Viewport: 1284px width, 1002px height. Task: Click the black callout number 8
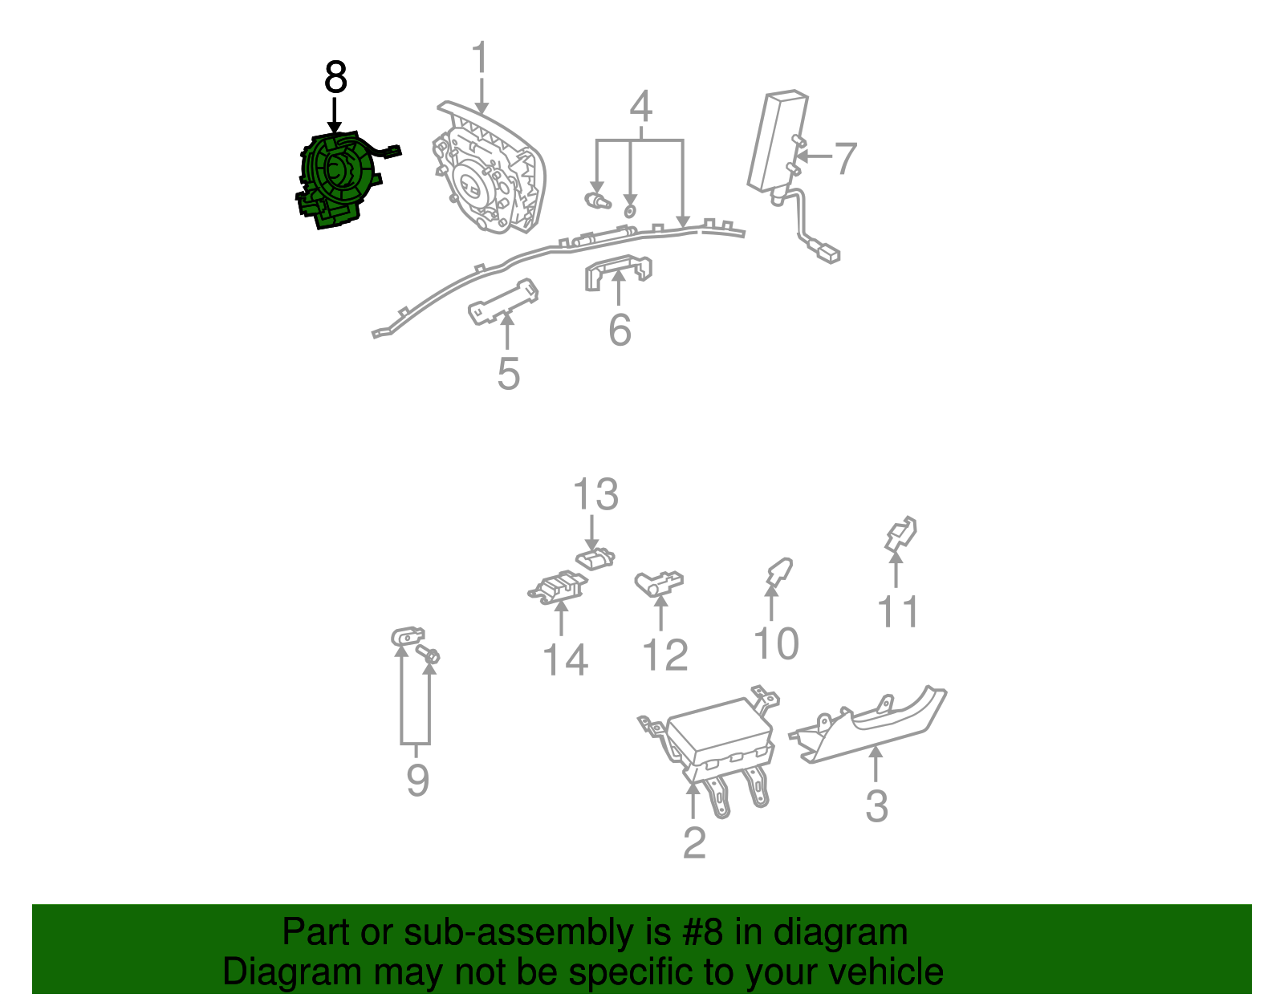tap(335, 78)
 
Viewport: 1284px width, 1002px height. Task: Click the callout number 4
tap(640, 107)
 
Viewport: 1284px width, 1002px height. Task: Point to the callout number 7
tap(845, 158)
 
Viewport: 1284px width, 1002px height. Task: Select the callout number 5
tap(508, 374)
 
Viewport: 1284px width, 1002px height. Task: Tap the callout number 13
tap(595, 494)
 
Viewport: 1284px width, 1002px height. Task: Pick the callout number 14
tap(565, 659)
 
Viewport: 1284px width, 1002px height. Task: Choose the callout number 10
tap(776, 643)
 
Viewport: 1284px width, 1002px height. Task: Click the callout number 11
tap(898, 612)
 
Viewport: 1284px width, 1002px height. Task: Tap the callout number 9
tap(417, 780)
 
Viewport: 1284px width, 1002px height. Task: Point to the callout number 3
tap(876, 805)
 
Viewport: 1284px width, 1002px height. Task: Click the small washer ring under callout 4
tap(630, 211)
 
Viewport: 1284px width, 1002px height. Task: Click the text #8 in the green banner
tap(703, 933)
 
